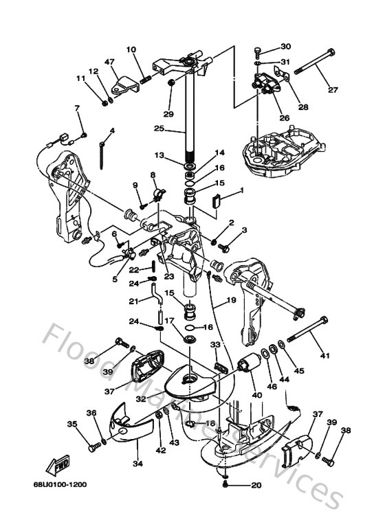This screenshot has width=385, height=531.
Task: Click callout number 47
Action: pos(109,62)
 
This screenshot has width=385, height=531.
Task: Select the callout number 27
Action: pos(333,90)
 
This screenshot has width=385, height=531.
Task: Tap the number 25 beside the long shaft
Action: pos(158,128)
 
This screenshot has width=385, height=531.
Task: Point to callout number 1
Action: pos(241,189)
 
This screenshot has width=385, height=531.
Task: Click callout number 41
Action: pos(324,357)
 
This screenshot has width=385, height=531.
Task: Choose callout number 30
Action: pos(286,47)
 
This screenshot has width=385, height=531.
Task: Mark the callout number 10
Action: pos(131,49)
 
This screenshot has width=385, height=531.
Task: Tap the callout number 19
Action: pos(231,301)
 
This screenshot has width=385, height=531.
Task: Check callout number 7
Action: pos(77,108)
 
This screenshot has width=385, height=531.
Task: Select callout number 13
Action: pos(159,155)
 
